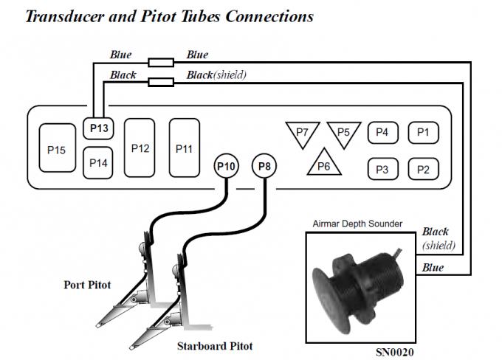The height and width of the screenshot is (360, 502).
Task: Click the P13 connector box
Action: (x=100, y=128)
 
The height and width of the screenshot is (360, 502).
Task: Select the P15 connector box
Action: (x=57, y=150)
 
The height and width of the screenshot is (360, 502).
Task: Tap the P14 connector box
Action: (x=100, y=162)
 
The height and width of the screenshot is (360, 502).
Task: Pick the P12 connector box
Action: (x=140, y=148)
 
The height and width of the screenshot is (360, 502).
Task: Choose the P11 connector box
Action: (x=185, y=148)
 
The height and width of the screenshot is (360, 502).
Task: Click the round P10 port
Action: (x=226, y=167)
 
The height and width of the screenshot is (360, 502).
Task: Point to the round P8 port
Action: (x=266, y=167)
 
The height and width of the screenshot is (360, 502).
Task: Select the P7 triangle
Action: (x=301, y=133)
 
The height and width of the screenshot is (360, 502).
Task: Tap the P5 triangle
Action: (x=343, y=133)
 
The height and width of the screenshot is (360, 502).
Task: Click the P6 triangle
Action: (x=323, y=164)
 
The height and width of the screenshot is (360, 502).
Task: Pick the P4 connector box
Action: (x=382, y=133)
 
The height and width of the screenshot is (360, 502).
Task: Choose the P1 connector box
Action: (x=423, y=133)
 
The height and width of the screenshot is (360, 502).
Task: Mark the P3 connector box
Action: (x=382, y=169)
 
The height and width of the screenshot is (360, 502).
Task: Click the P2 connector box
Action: (x=423, y=169)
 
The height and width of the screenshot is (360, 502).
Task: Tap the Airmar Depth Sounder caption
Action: (x=357, y=224)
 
